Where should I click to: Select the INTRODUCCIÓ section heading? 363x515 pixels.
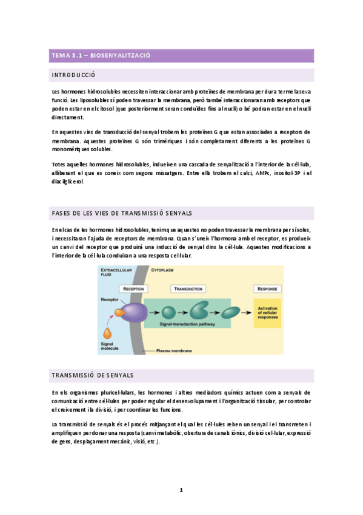(75, 75)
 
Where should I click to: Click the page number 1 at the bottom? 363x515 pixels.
(181, 489)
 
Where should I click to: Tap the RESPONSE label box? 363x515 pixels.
(267, 288)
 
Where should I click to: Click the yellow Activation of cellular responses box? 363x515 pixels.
(267, 312)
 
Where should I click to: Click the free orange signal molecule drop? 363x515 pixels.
(108, 333)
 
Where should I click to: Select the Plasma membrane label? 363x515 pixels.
(175, 350)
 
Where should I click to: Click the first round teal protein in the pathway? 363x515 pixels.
(167, 312)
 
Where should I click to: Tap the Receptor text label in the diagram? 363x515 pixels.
(109, 300)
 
